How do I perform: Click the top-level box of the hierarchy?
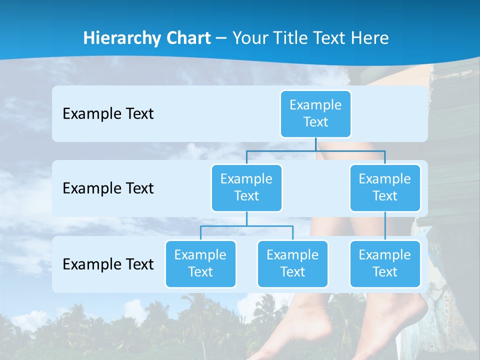tap(315, 113)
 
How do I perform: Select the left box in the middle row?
tap(246, 187)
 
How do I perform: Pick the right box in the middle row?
tap(385, 187)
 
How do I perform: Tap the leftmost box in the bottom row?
tap(200, 263)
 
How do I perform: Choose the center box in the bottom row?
tap(292, 263)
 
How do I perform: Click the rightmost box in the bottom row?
tap(385, 263)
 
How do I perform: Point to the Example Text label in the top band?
tap(108, 113)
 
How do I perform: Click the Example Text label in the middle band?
tap(108, 188)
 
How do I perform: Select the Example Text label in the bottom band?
tap(108, 264)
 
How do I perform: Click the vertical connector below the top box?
tap(315, 144)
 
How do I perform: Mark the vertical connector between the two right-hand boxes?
tap(385, 225)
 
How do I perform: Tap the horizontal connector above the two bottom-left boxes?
tap(246, 226)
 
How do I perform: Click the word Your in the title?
tap(248, 38)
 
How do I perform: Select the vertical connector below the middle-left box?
tap(246, 218)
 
